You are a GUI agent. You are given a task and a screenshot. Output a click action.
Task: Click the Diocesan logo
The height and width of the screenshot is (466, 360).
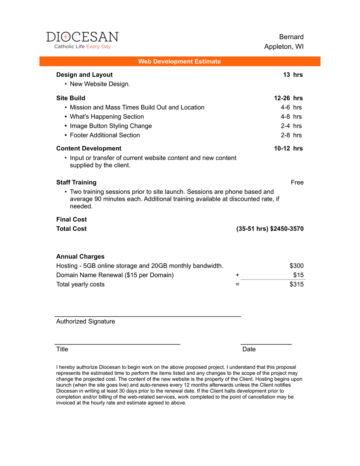point(82,40)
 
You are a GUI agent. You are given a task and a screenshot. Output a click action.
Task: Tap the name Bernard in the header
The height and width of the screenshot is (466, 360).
point(291,37)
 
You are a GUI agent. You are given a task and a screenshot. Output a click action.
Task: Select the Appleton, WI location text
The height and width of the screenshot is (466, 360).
point(284,47)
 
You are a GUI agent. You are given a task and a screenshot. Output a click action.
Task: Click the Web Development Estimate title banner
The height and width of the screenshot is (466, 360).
point(179,61)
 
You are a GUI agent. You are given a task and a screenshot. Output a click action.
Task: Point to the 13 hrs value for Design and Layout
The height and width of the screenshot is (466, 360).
point(293,75)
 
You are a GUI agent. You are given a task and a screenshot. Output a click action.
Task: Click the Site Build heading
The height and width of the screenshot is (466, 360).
point(71,98)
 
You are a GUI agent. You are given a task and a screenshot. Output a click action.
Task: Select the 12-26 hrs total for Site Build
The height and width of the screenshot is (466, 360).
point(288,98)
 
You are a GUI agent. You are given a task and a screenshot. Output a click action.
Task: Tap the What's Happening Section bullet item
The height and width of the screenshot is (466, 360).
point(107,116)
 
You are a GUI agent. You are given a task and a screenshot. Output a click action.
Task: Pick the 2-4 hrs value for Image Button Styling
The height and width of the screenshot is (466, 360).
point(291,126)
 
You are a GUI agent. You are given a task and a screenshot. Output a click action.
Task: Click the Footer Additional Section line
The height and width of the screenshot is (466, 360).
point(105,135)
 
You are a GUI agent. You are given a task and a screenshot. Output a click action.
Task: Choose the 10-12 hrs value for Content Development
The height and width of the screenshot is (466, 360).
point(288,148)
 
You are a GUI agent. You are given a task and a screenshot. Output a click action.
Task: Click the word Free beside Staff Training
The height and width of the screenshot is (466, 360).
point(297,183)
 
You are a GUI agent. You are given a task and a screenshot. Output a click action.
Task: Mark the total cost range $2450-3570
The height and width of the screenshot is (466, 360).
point(287,229)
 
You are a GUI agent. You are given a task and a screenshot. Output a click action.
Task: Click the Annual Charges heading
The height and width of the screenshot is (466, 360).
point(80,257)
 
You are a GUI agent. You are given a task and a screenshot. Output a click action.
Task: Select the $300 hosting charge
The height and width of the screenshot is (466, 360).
point(296,266)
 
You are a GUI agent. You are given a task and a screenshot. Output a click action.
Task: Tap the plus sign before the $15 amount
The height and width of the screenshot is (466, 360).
point(237,275)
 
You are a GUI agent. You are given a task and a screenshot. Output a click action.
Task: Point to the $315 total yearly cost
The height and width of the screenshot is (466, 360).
point(296,284)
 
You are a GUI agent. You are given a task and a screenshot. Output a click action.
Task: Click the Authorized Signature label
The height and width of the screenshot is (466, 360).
point(85,322)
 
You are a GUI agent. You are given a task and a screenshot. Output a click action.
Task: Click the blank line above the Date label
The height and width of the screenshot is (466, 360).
point(266,344)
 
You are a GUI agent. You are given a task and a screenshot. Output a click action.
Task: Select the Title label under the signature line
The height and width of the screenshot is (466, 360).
point(62,349)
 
